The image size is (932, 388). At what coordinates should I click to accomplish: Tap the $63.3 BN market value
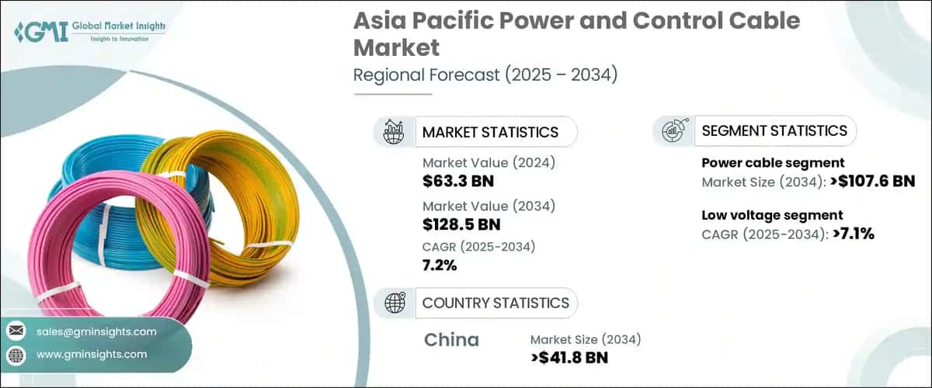458,182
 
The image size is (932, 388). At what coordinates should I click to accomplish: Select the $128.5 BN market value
461,224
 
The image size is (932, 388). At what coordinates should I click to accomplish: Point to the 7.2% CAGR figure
440,265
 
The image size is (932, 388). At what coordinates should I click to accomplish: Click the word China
452,340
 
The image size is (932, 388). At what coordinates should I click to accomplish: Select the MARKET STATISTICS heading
489,132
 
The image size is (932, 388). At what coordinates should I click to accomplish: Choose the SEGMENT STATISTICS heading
774,130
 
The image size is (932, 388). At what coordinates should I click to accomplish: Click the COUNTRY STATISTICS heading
496,303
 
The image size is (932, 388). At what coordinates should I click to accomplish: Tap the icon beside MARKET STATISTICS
395,132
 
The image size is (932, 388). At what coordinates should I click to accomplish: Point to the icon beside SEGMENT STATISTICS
673,131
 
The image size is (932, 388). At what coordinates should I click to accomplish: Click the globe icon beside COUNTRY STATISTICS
395,303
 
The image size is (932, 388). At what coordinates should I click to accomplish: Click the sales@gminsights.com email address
96,331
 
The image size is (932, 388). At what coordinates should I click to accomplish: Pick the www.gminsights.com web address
92,354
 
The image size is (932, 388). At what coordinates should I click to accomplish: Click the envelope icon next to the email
16,331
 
